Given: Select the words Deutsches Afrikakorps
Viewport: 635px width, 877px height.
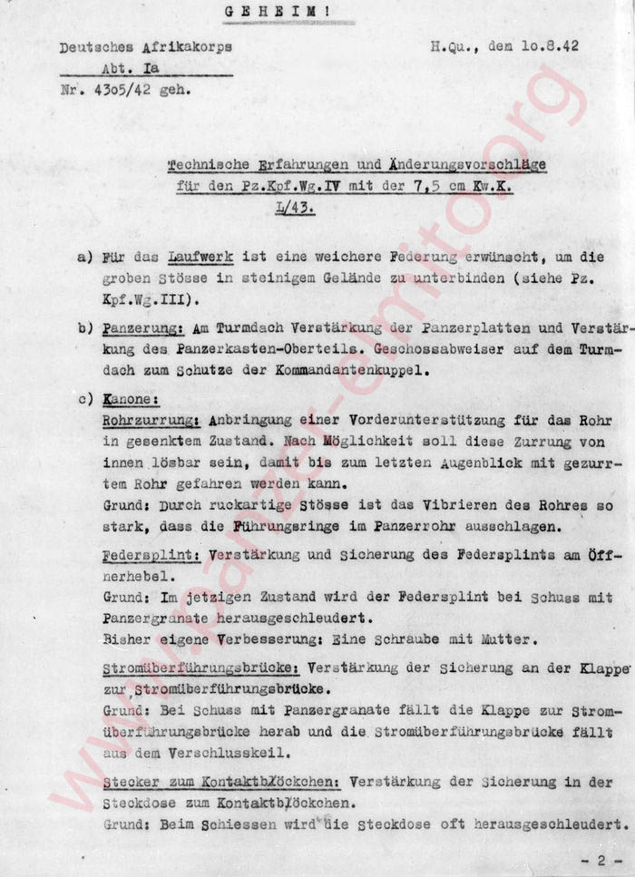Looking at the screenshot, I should coord(146,48).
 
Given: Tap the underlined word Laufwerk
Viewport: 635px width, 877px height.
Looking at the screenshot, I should coord(183,257).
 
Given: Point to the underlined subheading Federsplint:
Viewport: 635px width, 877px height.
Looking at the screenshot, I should coord(151,553).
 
